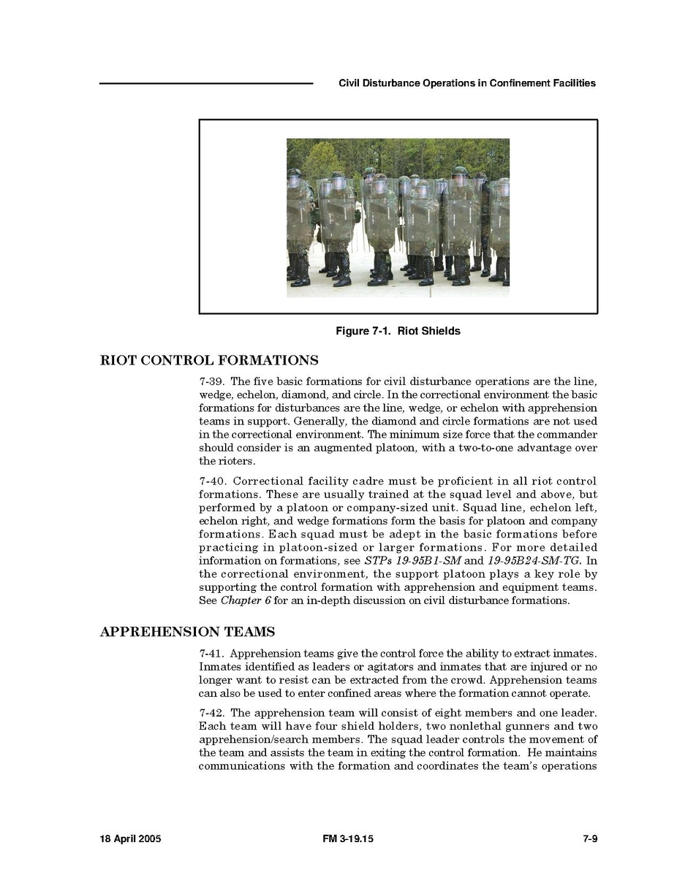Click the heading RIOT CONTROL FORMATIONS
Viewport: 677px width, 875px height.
pyautogui.click(x=208, y=360)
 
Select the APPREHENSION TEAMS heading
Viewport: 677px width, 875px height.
pyautogui.click(x=187, y=632)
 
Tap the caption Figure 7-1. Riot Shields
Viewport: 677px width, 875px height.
pyautogui.click(x=398, y=331)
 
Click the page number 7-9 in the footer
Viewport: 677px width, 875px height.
pyautogui.click(x=590, y=839)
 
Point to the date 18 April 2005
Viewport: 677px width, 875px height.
pyautogui.click(x=130, y=839)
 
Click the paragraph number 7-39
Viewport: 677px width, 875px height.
pyautogui.click(x=212, y=382)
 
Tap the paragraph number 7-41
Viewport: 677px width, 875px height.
pyautogui.click(x=212, y=654)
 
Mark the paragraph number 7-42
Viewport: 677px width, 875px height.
pyautogui.click(x=212, y=713)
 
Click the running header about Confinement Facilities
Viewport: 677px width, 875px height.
pyautogui.click(x=467, y=83)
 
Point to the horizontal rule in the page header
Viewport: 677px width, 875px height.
pyautogui.click(x=206, y=83)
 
